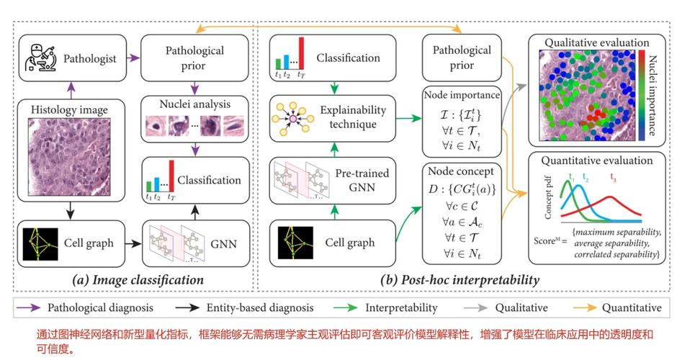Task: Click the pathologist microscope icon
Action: [41, 58]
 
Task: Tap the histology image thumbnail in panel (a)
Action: [70, 157]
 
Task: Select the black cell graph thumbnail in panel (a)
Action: [40, 244]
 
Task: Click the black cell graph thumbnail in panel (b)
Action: [295, 243]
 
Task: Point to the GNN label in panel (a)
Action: [223, 244]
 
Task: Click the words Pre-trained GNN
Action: [362, 180]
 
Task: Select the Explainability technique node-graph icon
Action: [292, 118]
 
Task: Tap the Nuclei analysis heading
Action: [195, 104]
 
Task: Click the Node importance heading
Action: [462, 95]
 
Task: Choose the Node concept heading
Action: [461, 171]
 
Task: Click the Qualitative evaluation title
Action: [597, 42]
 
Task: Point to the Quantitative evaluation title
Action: [597, 161]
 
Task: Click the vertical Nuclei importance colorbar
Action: [642, 95]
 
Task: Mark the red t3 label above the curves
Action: [613, 177]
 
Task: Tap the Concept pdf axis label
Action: [548, 197]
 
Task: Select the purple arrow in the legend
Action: [29, 308]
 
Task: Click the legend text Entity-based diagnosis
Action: [260, 308]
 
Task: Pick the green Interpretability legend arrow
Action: [346, 308]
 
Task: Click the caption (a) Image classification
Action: [138, 280]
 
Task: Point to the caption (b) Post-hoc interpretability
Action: [459, 280]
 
